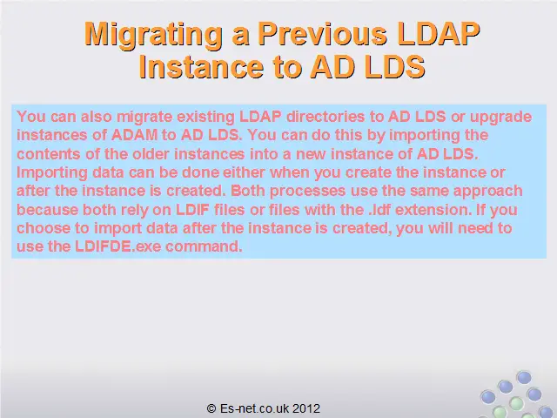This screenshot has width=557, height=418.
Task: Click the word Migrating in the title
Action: click(x=153, y=35)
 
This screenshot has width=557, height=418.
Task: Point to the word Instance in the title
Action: click(x=201, y=66)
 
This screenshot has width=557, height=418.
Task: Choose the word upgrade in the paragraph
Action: click(x=501, y=118)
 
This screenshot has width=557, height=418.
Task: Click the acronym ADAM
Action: click(x=135, y=135)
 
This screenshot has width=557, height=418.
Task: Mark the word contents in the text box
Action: click(x=58, y=154)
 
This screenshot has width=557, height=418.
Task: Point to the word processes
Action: click(x=307, y=192)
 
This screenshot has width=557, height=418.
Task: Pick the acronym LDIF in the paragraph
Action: click(x=192, y=210)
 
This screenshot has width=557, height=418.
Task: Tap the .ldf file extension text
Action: click(x=379, y=210)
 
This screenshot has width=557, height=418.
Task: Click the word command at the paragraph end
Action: click(x=204, y=246)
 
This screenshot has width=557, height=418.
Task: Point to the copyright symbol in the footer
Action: click(x=211, y=408)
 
